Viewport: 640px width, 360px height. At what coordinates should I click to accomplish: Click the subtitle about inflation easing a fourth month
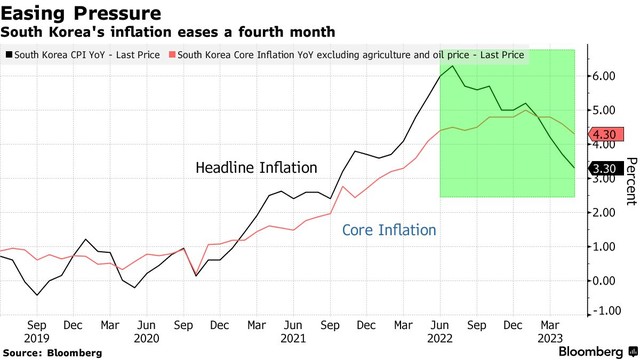[168, 33]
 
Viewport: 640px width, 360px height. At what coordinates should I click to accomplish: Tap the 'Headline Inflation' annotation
[257, 168]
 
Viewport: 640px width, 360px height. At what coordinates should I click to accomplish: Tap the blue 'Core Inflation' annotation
[389, 230]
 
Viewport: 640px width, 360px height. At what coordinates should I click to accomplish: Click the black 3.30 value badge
[604, 169]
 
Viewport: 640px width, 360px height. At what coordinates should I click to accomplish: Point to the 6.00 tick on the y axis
[604, 76]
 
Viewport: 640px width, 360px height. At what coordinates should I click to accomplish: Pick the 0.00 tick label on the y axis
[604, 280]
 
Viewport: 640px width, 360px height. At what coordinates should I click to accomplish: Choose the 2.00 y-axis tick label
[604, 212]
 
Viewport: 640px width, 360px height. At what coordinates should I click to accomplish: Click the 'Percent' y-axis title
[631, 181]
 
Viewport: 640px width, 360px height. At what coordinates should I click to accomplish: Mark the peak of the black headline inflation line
[454, 66]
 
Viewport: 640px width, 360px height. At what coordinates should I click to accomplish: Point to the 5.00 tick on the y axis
[604, 110]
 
